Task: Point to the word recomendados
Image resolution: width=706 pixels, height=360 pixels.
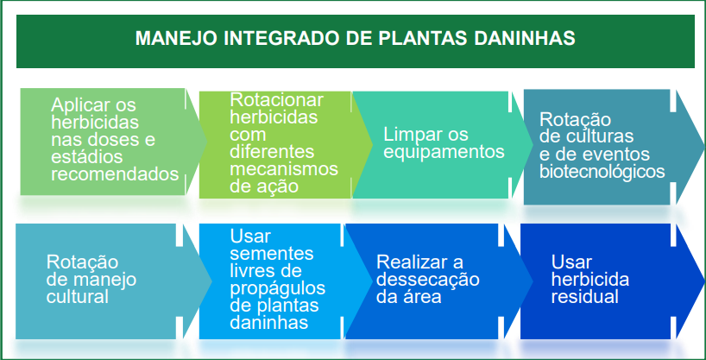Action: click(115, 174)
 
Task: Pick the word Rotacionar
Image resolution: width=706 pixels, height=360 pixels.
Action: click(277, 100)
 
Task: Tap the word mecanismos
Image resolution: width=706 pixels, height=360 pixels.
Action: click(284, 168)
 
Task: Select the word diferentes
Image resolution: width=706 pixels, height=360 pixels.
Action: click(272, 151)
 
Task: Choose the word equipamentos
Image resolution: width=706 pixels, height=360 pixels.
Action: click(444, 152)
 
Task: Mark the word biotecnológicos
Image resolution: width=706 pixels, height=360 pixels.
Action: click(602, 172)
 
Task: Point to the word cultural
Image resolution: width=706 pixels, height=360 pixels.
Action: click(78, 296)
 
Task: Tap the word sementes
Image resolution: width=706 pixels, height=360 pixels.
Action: click(272, 254)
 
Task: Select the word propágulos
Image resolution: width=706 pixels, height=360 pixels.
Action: click(277, 289)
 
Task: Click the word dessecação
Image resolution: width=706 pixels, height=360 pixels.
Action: click(428, 280)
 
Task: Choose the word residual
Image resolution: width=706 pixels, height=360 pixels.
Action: click(584, 297)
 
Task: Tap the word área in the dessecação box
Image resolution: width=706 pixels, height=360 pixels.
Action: click(424, 296)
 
